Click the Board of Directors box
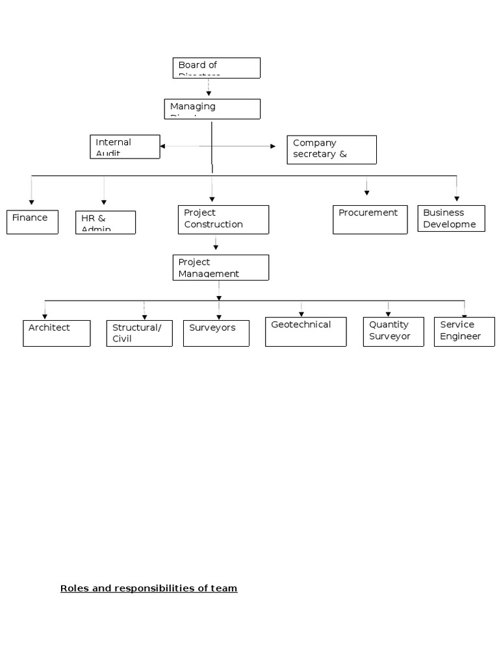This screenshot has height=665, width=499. pyautogui.click(x=216, y=68)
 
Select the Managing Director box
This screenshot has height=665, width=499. pyautogui.click(x=212, y=108)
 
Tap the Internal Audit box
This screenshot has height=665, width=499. pyautogui.click(x=125, y=147)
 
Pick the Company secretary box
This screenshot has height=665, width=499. pyautogui.click(x=331, y=149)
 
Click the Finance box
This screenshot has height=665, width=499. pyautogui.click(x=32, y=221)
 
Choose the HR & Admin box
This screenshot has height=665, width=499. pyautogui.click(x=105, y=222)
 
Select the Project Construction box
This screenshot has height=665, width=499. pyautogui.click(x=223, y=220)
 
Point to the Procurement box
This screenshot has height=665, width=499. pyautogui.click(x=370, y=220)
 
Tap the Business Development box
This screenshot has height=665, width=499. pyautogui.click(x=451, y=219)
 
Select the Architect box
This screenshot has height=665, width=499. pyautogui.click(x=57, y=333)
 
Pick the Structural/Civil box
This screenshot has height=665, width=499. pyautogui.click(x=139, y=333)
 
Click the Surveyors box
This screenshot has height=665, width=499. pyautogui.click(x=216, y=333)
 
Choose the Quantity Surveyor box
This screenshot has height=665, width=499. pyautogui.click(x=393, y=331)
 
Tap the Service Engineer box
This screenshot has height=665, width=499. pyautogui.click(x=464, y=331)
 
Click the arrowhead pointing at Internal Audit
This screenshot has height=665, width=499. pyautogui.click(x=162, y=147)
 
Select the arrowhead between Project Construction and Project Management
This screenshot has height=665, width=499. pyautogui.click(x=216, y=247)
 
